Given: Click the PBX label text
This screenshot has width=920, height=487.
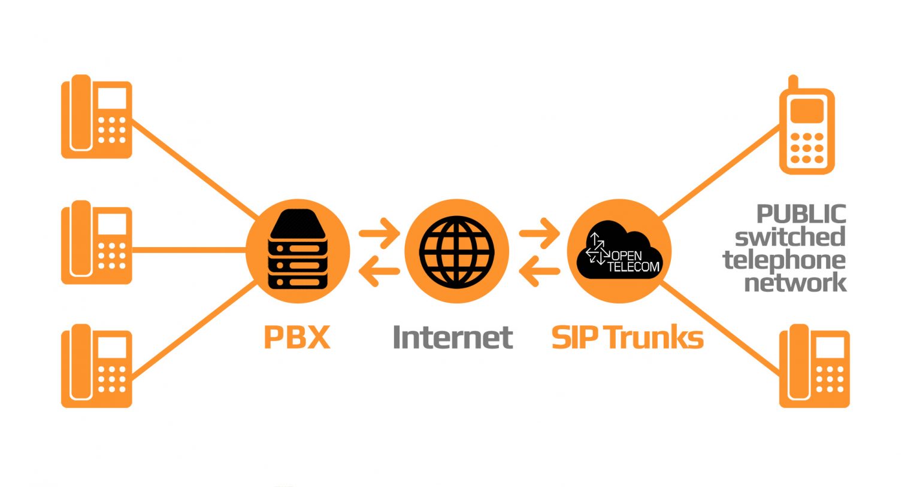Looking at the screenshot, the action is (297, 337).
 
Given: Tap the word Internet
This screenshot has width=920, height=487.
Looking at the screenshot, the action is (453, 337).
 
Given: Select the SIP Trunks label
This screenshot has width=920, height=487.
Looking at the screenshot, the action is (627, 337).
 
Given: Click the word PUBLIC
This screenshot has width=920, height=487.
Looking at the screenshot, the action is (801, 214).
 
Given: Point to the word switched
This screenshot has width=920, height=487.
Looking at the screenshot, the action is (790, 237).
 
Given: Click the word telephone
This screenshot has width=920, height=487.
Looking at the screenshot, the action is (784, 261).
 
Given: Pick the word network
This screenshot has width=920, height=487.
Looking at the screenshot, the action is (795, 282).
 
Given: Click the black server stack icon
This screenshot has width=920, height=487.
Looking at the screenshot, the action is (298, 249).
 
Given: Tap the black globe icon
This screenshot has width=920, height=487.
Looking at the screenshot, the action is (457, 251).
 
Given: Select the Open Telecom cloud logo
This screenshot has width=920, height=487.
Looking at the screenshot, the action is (619, 250).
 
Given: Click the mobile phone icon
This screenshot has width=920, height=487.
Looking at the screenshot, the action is (807, 125).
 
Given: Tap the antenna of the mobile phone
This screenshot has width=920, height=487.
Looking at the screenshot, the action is (794, 82).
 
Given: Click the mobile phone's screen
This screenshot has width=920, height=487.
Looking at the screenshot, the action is (807, 111).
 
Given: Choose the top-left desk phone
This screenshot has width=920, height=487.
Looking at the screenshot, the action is (96, 117).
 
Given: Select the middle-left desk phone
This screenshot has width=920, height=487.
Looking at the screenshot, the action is (96, 242).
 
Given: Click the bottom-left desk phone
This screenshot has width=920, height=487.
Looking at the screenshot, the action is (96, 366).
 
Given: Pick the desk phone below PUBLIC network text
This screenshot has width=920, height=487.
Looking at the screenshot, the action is (815, 366).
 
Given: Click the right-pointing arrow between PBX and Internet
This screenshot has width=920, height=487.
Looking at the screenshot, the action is (379, 233).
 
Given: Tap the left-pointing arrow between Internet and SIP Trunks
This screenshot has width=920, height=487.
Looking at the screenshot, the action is (539, 271).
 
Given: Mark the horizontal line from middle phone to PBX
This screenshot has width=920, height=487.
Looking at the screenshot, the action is (189, 249).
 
